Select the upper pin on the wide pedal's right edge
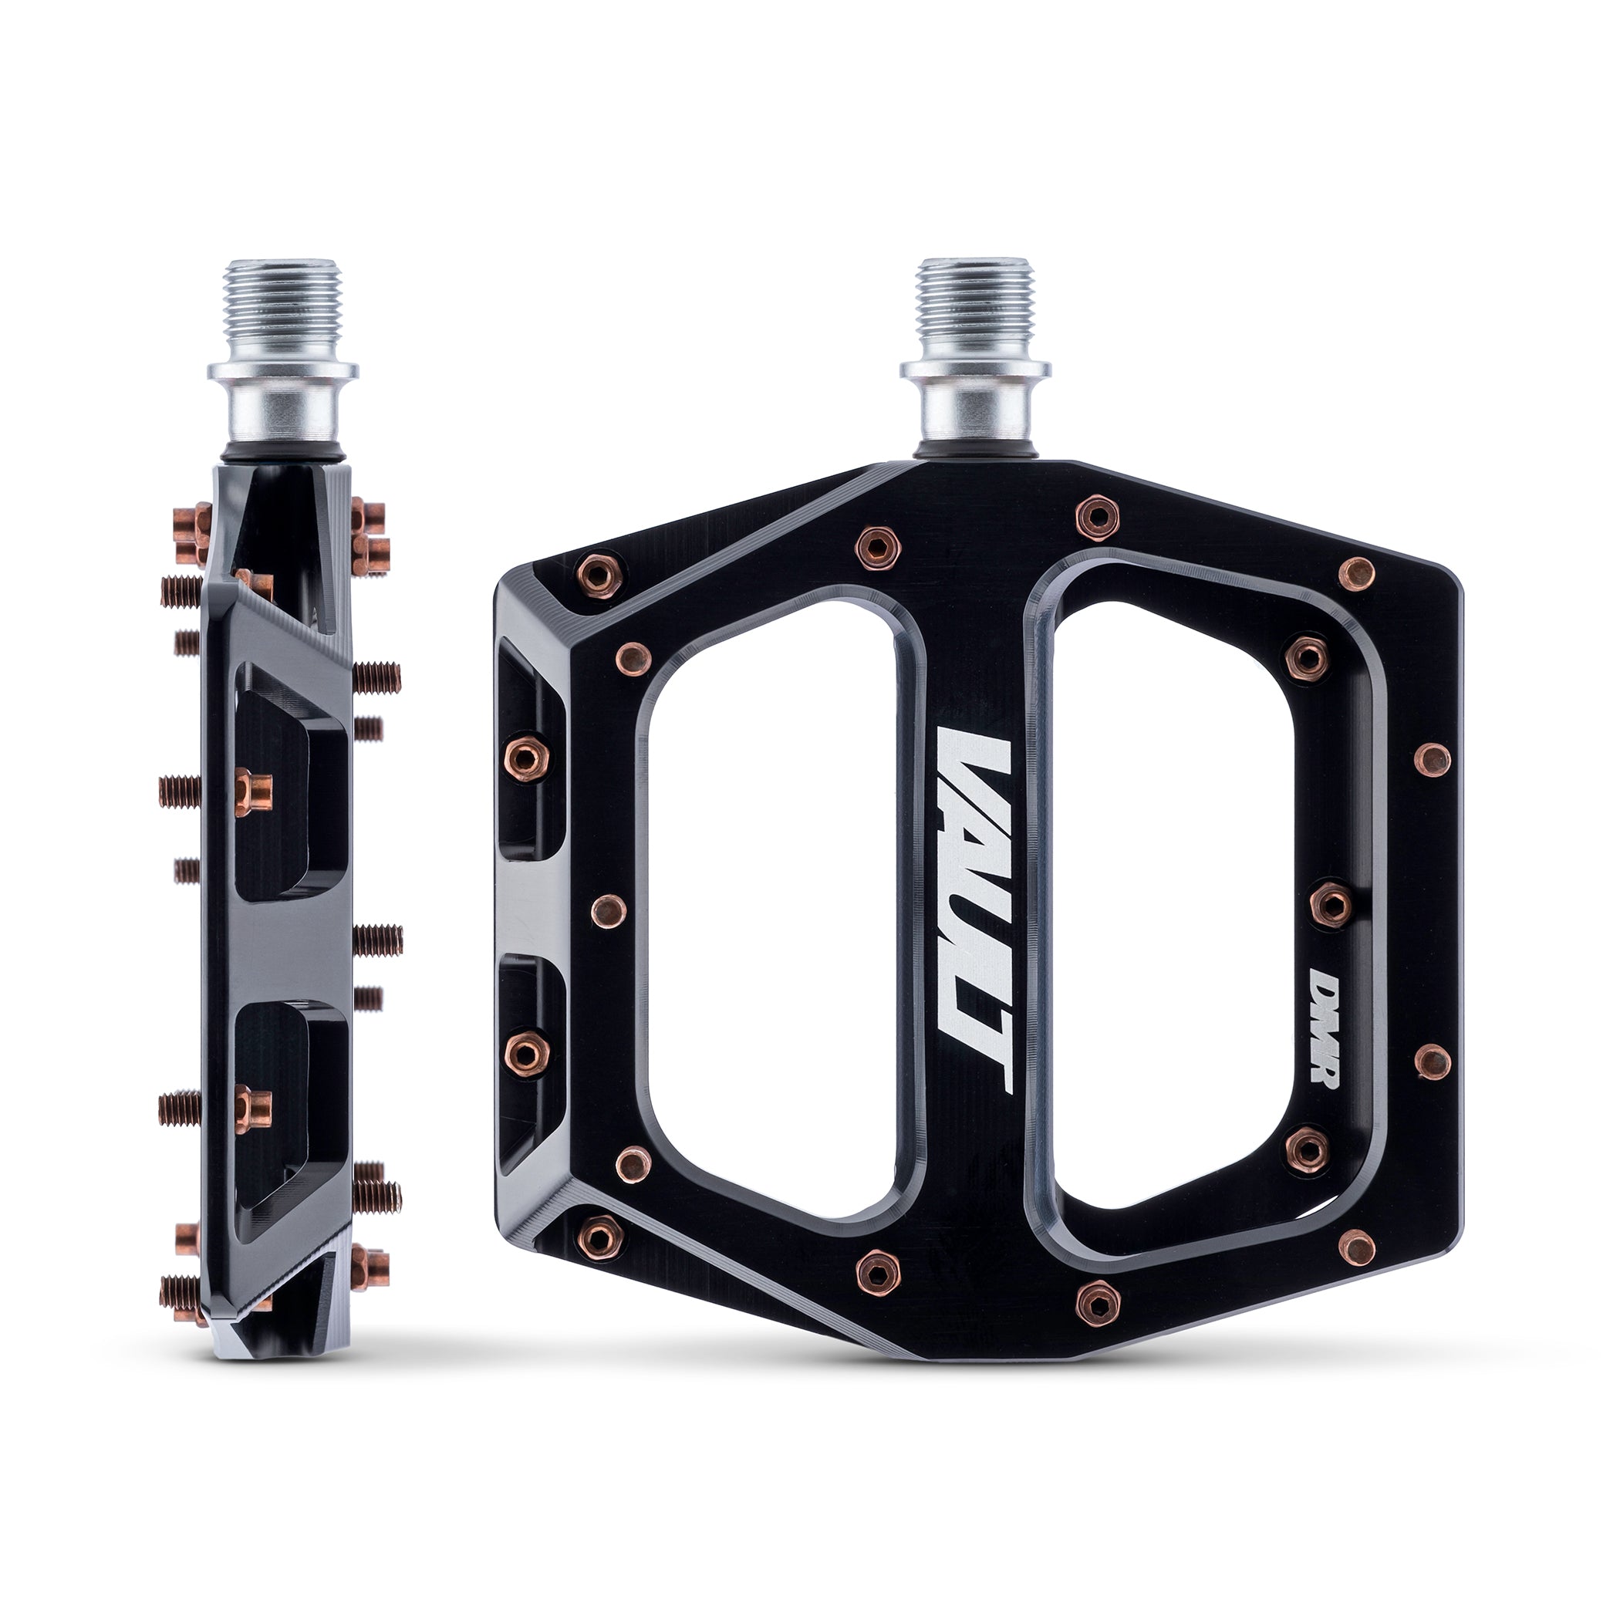tap(1431, 760)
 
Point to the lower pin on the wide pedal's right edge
tap(1431, 1061)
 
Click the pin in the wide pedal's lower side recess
tap(527, 1051)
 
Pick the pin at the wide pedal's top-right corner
tap(1356, 572)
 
